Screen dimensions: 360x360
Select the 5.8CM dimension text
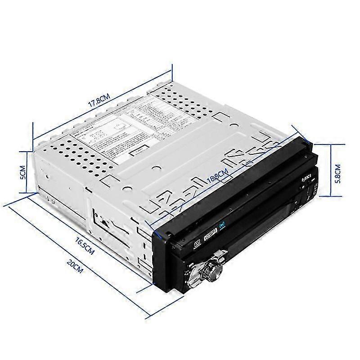point(339,171)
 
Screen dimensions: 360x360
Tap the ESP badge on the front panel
point(211,234)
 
